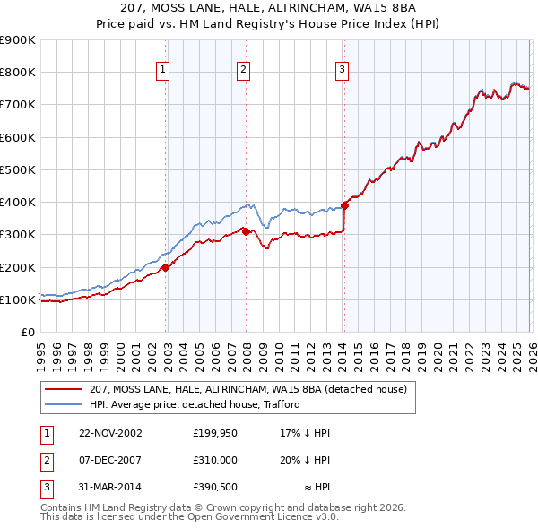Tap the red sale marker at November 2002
coord(166,267)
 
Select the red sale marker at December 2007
coord(246,231)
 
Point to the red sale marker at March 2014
coord(344,205)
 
